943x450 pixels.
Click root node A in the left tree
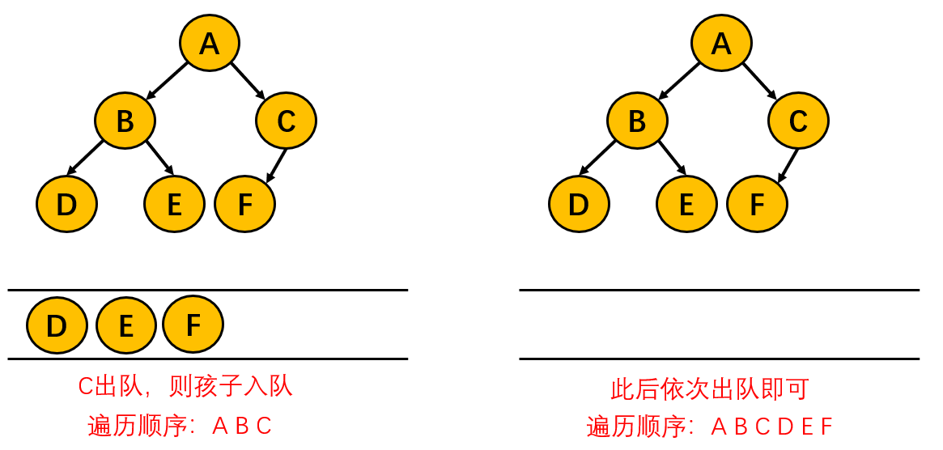click(210, 43)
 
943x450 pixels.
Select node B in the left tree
click(125, 121)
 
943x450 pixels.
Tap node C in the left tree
click(286, 121)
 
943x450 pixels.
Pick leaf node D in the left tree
click(66, 204)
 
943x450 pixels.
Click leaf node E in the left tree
click(174, 204)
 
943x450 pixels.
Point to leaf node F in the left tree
click(244, 204)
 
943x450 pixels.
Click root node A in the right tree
click(721, 43)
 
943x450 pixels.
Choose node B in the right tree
click(637, 121)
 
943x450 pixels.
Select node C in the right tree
click(798, 121)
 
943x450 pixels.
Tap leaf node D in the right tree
click(578, 204)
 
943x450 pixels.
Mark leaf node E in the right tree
click(686, 204)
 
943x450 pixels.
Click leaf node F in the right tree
click(757, 204)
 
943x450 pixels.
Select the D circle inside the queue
click(56, 325)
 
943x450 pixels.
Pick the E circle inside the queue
click(125, 325)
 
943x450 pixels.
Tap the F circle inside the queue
click(193, 325)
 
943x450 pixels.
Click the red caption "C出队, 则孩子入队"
click(185, 387)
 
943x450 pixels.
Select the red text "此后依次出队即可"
click(709, 389)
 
